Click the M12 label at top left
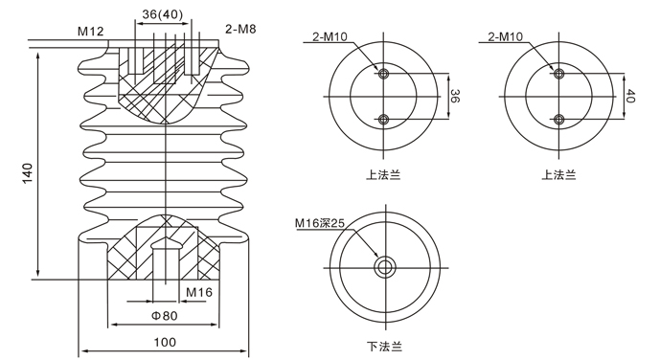90,31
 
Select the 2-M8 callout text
240,29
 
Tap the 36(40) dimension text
163,14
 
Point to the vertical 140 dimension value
28,173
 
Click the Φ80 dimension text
165,315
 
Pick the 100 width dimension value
165,342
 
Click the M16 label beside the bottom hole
199,292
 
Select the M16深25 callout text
320,222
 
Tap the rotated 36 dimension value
455,96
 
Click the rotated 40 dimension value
630,96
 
